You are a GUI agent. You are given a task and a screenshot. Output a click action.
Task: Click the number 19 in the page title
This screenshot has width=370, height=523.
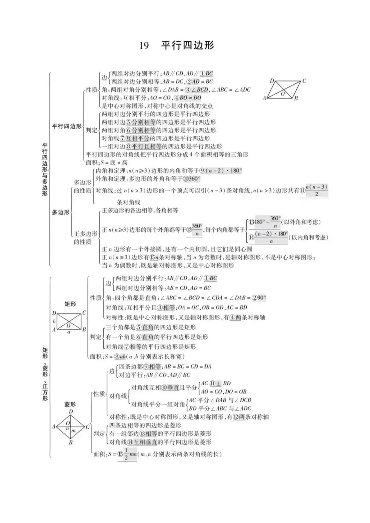point(144,45)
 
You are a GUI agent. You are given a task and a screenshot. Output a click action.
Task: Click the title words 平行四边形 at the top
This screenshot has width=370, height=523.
point(188,45)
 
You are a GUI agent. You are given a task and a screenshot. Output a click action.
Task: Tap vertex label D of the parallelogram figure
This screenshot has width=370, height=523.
point(272,81)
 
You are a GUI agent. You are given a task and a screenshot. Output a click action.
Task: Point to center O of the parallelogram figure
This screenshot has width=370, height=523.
point(283,94)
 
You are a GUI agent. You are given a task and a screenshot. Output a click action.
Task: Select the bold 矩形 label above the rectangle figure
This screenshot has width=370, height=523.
point(70,304)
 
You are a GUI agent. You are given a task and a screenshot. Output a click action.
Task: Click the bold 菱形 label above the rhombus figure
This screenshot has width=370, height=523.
point(70,404)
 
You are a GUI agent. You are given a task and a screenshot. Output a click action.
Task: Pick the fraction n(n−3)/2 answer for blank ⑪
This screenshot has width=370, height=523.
point(316,190)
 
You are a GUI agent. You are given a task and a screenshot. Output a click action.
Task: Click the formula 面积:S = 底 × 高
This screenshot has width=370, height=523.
point(107,163)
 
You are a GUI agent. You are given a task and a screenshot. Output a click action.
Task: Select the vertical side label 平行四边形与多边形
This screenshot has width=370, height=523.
point(45,170)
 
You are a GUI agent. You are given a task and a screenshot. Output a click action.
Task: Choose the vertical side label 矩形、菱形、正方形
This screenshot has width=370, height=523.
point(45,374)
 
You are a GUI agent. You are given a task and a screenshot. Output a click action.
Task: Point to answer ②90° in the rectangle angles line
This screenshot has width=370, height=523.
point(259,298)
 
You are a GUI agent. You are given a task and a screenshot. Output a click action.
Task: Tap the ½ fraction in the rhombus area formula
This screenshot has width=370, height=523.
point(126,454)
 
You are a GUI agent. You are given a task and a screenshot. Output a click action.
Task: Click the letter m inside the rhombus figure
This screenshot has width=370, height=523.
point(73,431)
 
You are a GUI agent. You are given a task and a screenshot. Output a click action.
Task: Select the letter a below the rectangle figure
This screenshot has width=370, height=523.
point(69,332)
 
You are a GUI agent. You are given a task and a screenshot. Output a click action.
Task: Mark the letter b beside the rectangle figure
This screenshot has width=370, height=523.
point(54,321)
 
